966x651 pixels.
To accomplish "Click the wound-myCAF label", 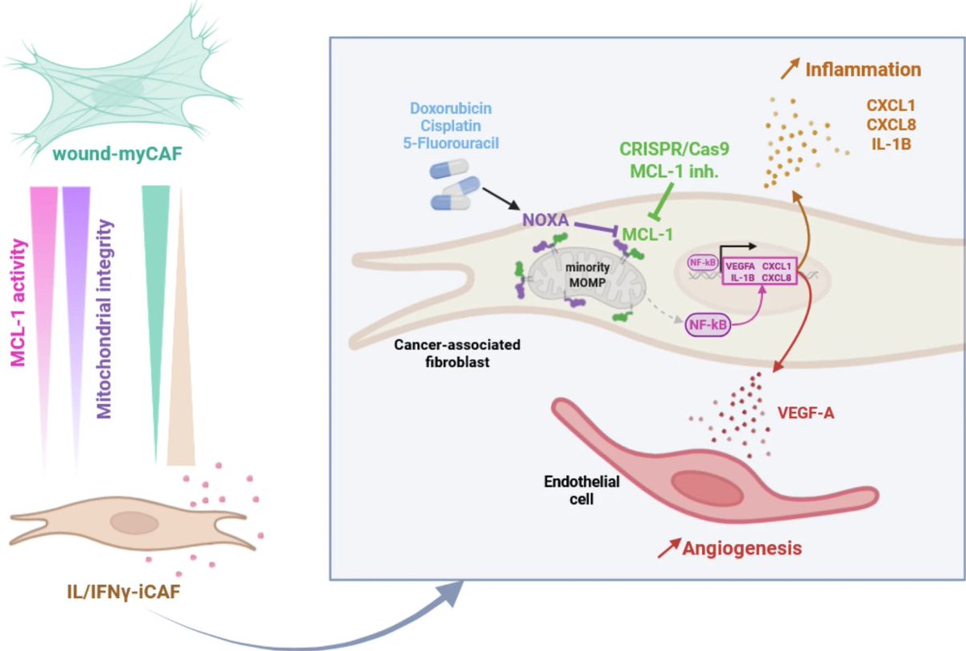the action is [x=118, y=154].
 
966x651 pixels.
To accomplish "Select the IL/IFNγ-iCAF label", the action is [x=123, y=592].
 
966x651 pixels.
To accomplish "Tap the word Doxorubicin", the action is [x=451, y=108].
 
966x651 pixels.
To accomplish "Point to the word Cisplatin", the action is [x=451, y=126].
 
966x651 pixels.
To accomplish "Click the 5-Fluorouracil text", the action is [x=451, y=143].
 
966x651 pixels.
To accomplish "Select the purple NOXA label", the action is [x=546, y=220].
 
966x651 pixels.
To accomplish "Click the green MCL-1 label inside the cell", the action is [x=647, y=234].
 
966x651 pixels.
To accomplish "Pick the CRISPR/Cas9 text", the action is [x=675, y=149].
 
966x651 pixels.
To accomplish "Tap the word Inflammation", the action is [x=863, y=69].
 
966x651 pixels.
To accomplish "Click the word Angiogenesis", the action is [x=742, y=548].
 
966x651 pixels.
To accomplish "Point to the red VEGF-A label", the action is [x=806, y=413].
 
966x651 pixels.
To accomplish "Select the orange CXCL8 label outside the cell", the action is [x=891, y=125].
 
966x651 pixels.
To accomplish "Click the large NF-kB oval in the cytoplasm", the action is [x=708, y=324].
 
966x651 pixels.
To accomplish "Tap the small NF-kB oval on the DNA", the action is [x=703, y=262].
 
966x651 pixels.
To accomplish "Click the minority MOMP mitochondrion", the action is [x=588, y=276].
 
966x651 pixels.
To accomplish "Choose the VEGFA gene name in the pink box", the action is [x=741, y=266].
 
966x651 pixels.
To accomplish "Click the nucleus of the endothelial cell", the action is [x=708, y=488].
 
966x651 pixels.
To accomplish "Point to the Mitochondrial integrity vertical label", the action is [x=104, y=319].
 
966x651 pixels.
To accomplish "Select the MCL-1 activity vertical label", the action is [x=19, y=303].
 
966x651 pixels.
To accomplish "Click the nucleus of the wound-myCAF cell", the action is [x=118, y=92].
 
